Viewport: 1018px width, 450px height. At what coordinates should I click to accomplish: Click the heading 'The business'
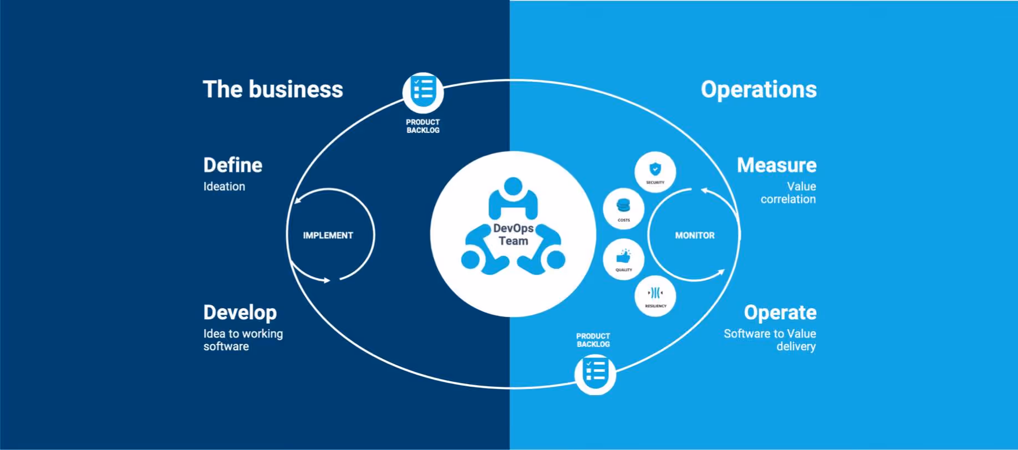pyautogui.click(x=273, y=90)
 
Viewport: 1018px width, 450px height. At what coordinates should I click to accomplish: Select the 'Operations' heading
pyautogui.click(x=758, y=90)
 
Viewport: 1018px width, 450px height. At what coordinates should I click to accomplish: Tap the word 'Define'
pyautogui.click(x=233, y=165)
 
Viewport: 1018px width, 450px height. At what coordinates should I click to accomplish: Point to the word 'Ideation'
pyautogui.click(x=224, y=187)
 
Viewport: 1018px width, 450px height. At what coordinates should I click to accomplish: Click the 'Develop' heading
pyautogui.click(x=240, y=313)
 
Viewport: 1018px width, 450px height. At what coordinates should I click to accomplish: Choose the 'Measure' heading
pyautogui.click(x=776, y=165)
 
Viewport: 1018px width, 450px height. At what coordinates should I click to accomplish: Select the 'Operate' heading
pyautogui.click(x=780, y=313)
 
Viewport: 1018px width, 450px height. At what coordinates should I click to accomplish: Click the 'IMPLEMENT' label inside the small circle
pyautogui.click(x=328, y=236)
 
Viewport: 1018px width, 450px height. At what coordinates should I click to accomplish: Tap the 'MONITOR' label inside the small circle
pyautogui.click(x=695, y=236)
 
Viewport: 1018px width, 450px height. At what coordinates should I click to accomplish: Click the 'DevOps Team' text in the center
pyautogui.click(x=513, y=234)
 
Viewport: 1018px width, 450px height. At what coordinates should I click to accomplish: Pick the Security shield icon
pyautogui.click(x=655, y=169)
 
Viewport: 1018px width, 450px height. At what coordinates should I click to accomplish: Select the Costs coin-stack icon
pyautogui.click(x=623, y=207)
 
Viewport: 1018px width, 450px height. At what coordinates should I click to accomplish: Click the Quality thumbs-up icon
pyautogui.click(x=623, y=257)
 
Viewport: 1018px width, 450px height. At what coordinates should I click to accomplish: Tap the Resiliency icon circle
pyautogui.click(x=655, y=295)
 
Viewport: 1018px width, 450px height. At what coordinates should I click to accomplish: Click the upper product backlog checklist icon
pyautogui.click(x=423, y=90)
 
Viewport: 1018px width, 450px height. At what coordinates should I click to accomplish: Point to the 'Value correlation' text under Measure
pyautogui.click(x=788, y=193)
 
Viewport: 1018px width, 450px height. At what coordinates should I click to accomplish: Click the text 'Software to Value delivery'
pyautogui.click(x=770, y=340)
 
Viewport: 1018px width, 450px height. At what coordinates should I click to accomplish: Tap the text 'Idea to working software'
pyautogui.click(x=243, y=340)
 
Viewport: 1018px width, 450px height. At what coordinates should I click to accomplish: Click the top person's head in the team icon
pyautogui.click(x=513, y=186)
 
